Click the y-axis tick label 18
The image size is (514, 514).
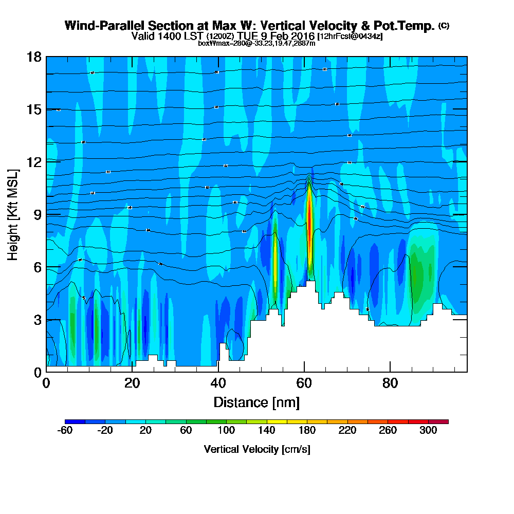click(33, 57)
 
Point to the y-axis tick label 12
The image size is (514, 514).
click(33, 161)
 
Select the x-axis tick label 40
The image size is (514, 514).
click(218, 383)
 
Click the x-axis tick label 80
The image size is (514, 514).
click(391, 383)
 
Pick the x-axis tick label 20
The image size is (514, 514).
click(132, 383)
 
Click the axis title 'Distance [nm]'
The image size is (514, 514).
click(256, 401)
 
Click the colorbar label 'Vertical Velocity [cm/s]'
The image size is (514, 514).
click(256, 449)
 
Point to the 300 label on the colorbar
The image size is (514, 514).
click(428, 431)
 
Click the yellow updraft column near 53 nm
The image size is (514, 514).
click(275, 262)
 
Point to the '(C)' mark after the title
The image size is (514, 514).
click(444, 25)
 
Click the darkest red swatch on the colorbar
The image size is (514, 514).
click(443, 421)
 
